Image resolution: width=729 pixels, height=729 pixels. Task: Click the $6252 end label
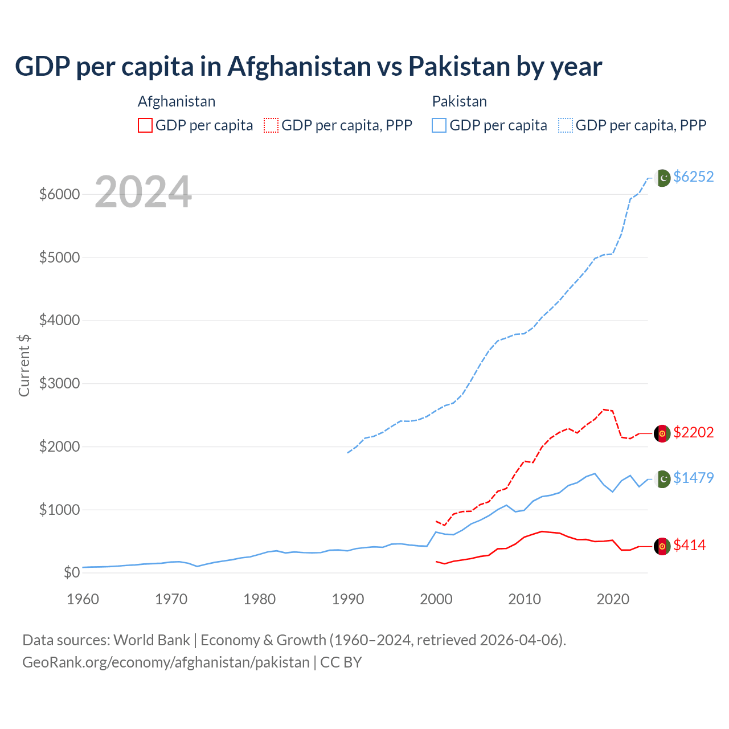click(x=693, y=177)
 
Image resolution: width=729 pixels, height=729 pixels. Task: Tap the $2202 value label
click(x=693, y=433)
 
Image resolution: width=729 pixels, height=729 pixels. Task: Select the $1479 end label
click(x=693, y=478)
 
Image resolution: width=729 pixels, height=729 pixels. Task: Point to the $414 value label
click(x=689, y=546)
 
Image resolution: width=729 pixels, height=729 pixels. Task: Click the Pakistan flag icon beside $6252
click(x=662, y=178)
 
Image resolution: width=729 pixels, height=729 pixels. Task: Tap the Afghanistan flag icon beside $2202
click(x=662, y=433)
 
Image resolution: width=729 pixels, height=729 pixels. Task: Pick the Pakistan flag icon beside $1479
click(x=662, y=479)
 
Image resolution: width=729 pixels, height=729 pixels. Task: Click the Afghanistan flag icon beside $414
click(x=662, y=546)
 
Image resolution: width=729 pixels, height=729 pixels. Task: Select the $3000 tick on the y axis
click(x=59, y=383)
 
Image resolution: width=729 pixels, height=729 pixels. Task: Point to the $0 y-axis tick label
click(x=71, y=572)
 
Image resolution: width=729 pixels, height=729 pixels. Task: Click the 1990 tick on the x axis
click(x=347, y=599)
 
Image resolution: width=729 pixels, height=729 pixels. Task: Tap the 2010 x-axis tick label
click(x=524, y=599)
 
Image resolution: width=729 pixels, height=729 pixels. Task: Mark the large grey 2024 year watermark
click(x=143, y=192)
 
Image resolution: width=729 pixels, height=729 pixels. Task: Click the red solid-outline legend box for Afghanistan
click(x=145, y=125)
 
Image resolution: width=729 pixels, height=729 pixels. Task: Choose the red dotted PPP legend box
click(x=271, y=125)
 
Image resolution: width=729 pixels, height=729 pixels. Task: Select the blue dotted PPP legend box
click(x=566, y=125)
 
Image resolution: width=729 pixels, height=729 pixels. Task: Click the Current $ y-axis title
click(x=24, y=365)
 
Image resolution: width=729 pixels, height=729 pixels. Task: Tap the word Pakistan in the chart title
click(x=459, y=67)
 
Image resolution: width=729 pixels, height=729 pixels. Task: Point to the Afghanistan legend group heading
click(x=177, y=101)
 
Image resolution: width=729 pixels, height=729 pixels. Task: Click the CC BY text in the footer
click(x=341, y=662)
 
